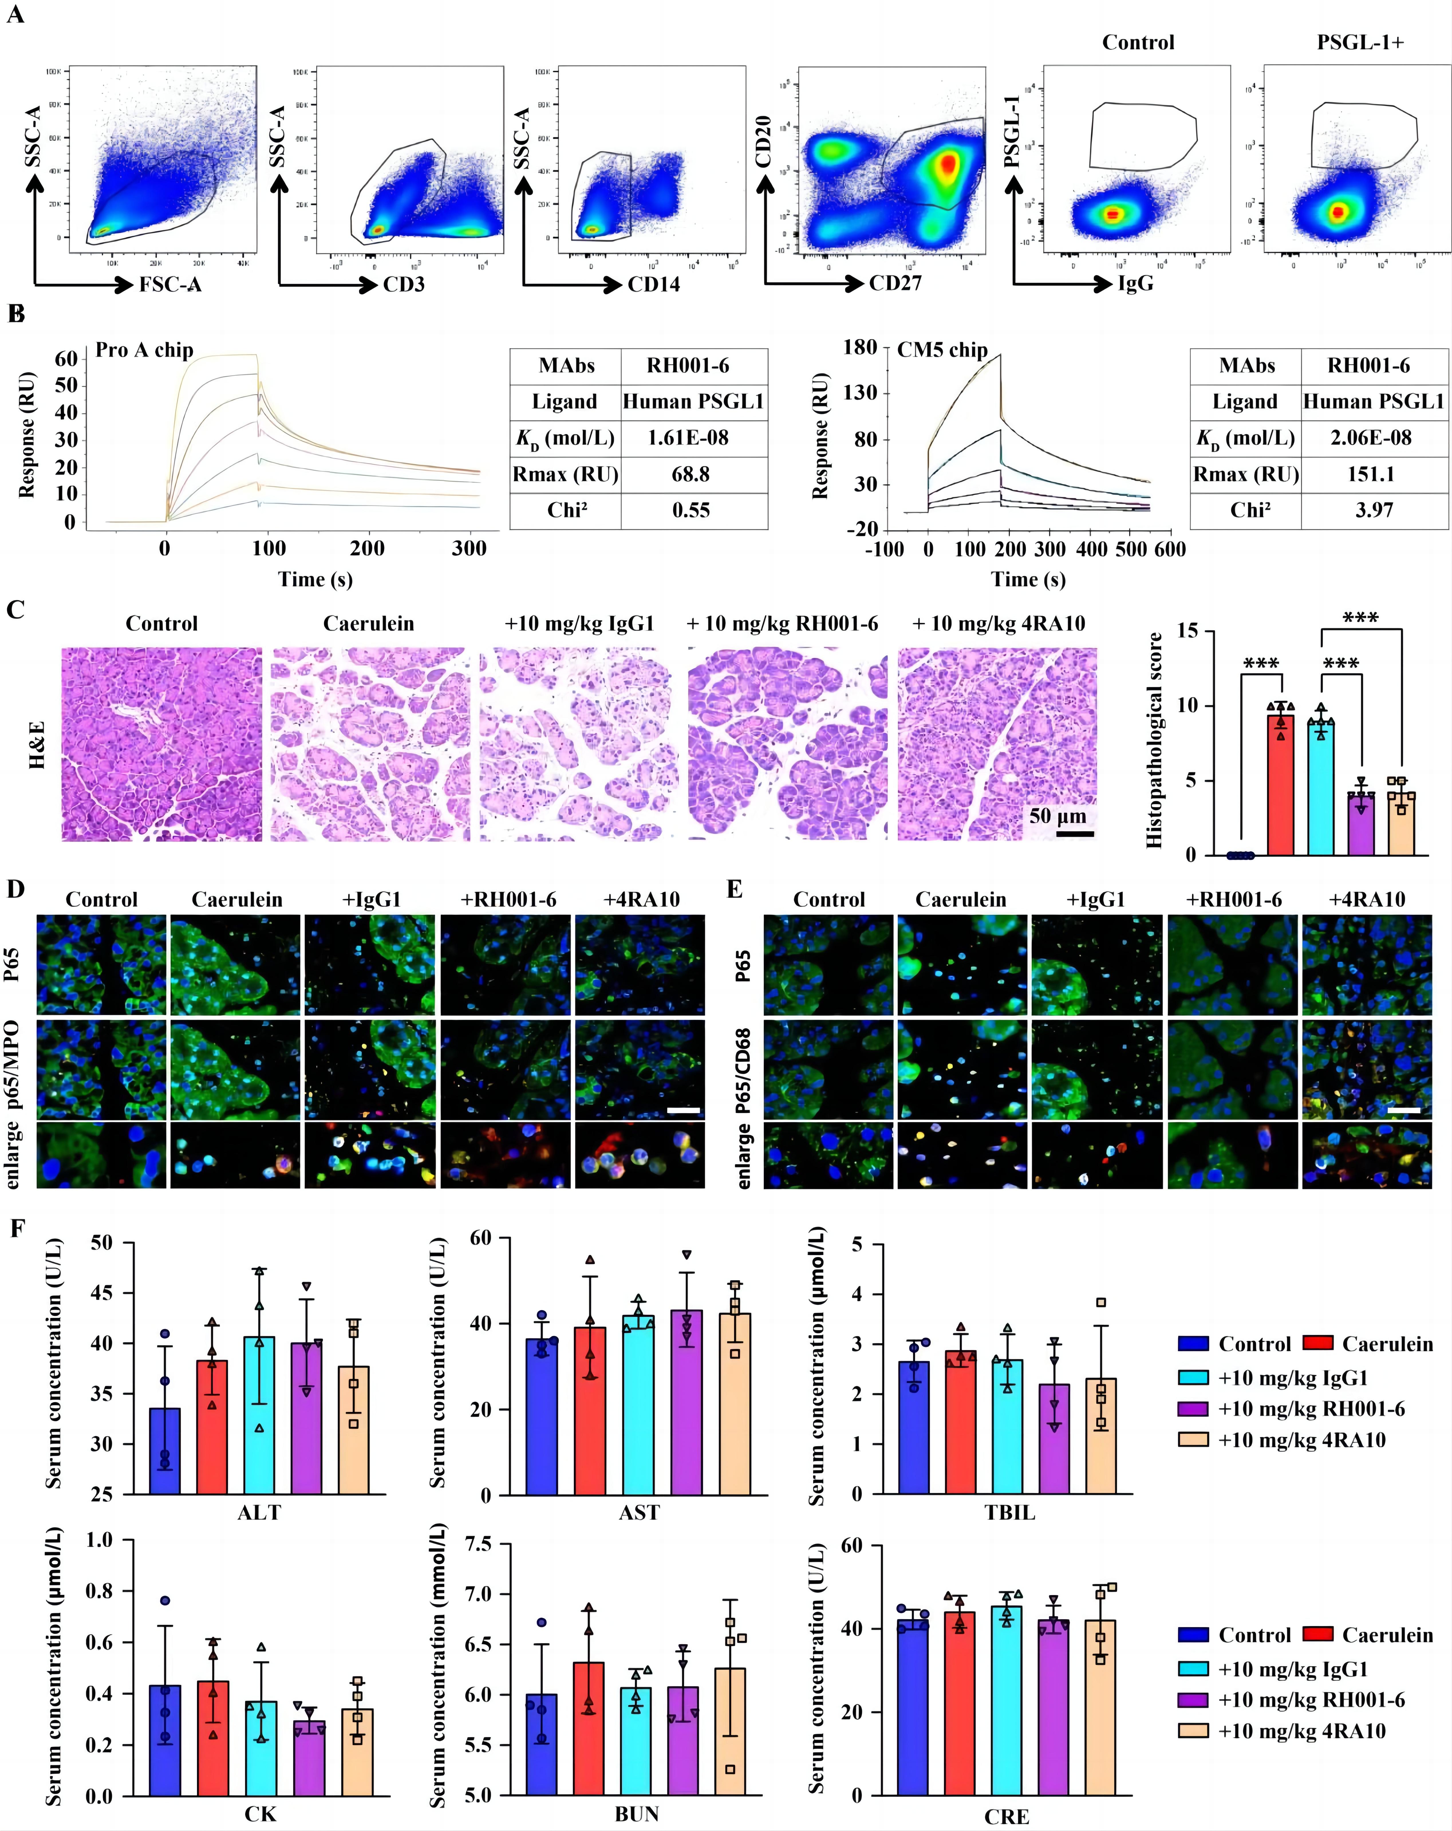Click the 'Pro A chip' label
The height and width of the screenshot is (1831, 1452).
point(144,350)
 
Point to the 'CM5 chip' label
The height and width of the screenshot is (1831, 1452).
point(942,350)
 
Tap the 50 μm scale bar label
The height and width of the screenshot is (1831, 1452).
point(1057,816)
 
